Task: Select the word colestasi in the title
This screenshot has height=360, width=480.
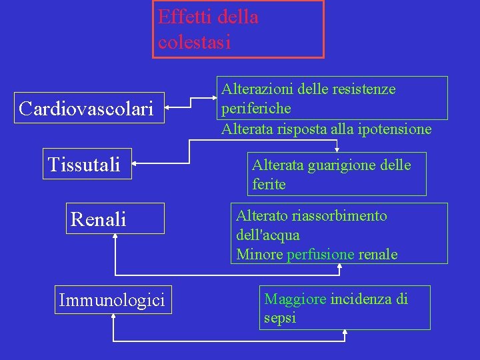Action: pos(194,42)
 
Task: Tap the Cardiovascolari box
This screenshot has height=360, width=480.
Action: pos(86,107)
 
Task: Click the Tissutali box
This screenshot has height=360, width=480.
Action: pos(84,164)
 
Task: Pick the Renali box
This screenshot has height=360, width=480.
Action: pos(98,219)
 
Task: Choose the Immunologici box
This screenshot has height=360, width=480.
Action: pos(111,300)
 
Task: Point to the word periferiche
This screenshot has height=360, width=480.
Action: pos(256,108)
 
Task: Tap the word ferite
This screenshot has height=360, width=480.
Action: pos(269,184)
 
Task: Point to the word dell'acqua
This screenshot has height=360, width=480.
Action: pos(267,235)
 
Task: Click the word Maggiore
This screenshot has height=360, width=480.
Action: pos(295,299)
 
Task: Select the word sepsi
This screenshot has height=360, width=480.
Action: pos(280,318)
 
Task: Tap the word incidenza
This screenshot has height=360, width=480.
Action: pos(361,299)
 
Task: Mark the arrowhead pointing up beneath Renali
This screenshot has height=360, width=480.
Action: pos(115,238)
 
